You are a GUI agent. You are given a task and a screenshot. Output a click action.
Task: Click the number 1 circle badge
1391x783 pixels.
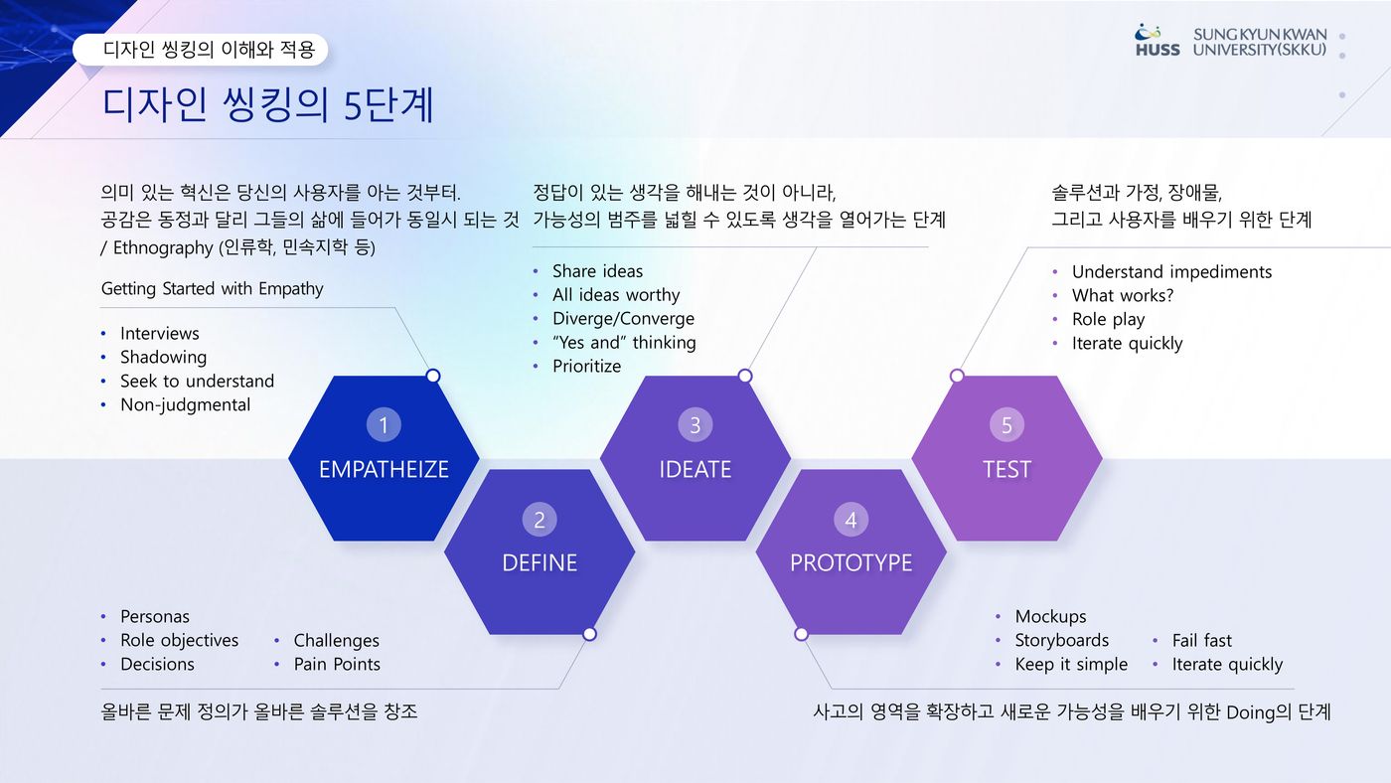point(384,424)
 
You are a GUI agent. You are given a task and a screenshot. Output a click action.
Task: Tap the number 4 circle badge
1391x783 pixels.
point(850,519)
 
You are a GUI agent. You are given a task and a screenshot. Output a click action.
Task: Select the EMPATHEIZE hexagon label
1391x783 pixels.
point(384,469)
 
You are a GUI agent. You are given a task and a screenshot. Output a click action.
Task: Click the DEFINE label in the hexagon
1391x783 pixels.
point(540,562)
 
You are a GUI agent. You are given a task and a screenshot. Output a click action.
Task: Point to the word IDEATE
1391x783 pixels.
point(695,469)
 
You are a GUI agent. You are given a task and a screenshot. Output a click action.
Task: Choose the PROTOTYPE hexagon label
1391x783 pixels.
point(850,562)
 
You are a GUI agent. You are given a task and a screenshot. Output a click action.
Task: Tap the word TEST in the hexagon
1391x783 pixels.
point(1006,469)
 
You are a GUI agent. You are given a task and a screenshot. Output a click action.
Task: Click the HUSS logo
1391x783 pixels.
point(1157,41)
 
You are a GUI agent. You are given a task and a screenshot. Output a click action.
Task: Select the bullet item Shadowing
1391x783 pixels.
point(163,357)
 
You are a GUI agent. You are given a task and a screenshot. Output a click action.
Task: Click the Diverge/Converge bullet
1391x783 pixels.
point(624,319)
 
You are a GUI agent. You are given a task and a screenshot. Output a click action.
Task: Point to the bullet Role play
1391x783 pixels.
point(1108,319)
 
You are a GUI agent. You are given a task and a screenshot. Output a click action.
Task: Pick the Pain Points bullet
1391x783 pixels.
point(337,664)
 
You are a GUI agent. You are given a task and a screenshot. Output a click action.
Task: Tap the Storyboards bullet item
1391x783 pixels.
point(1062,640)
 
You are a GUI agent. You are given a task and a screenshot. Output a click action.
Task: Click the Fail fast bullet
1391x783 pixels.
point(1201,640)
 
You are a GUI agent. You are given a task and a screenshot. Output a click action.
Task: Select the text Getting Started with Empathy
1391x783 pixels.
point(212,289)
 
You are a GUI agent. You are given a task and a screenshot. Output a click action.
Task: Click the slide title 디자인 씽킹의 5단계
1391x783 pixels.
point(267,104)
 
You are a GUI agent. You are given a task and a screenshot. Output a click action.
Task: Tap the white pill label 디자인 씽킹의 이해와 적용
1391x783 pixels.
point(200,50)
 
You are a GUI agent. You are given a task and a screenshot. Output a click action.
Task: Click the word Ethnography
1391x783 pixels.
point(163,247)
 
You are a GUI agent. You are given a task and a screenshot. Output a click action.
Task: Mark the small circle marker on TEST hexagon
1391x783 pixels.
point(957,376)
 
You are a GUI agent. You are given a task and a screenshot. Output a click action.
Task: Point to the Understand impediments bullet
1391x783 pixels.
point(1171,272)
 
